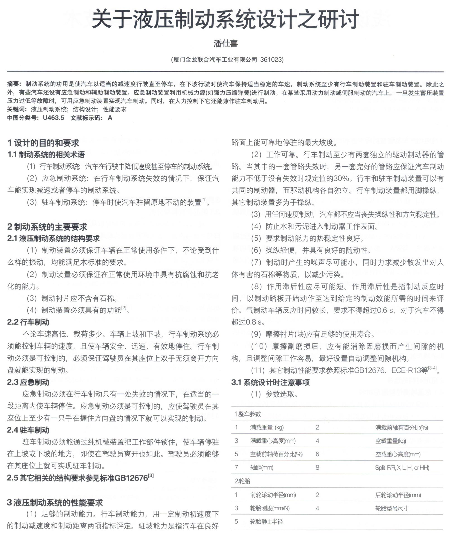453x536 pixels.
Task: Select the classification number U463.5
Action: tap(53, 118)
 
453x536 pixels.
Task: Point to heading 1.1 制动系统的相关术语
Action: tap(46, 154)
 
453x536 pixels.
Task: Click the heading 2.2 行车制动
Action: tap(28, 322)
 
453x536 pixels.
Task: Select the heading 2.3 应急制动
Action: tap(28, 382)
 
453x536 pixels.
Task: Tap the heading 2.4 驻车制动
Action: tap(28, 430)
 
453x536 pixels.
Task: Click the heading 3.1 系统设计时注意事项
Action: tap(270, 382)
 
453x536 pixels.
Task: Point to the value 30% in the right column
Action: tap(342, 178)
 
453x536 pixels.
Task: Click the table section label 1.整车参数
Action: tap(248, 414)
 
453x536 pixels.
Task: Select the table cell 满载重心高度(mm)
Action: tap(273, 441)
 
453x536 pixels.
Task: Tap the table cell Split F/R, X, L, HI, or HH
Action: tap(402, 467)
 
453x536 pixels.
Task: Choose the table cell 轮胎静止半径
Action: tap(266, 521)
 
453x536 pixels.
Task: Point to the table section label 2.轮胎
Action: tap(242, 481)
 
